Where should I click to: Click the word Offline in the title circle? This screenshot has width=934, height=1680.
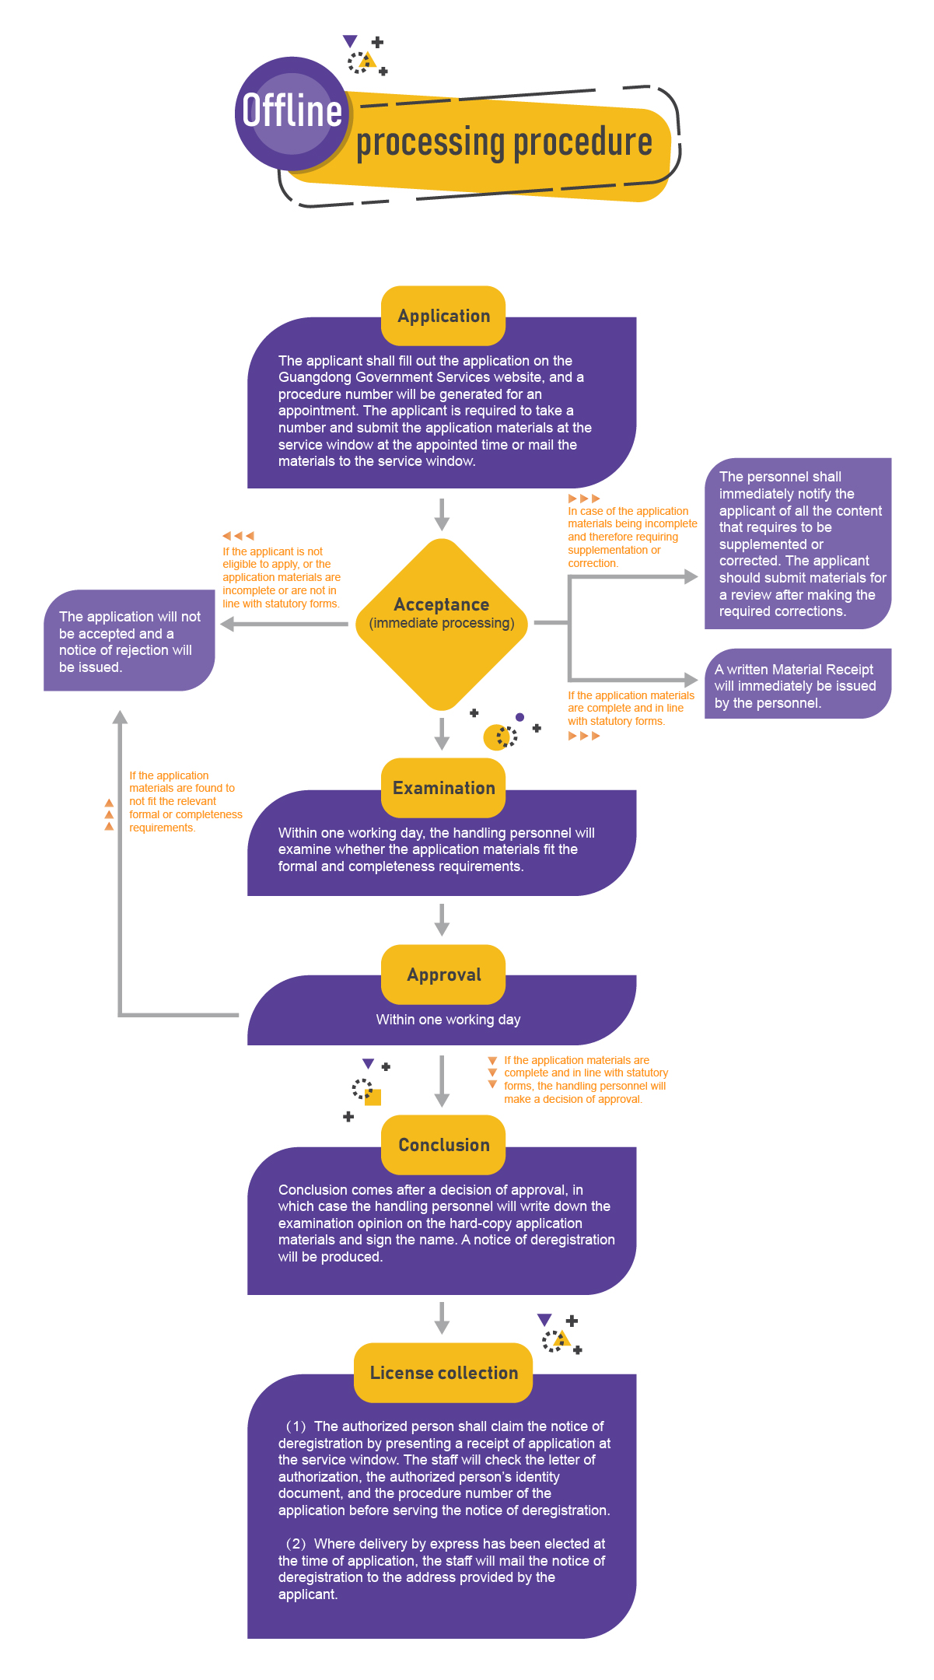click(x=292, y=110)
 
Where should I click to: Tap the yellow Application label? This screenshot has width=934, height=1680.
click(x=443, y=316)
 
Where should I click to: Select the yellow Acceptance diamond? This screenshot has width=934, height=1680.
click(x=442, y=623)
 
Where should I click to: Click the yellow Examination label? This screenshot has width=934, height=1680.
click(x=443, y=788)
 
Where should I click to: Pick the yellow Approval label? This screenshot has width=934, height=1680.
click(x=443, y=975)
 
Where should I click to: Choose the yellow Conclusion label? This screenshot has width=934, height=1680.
click(x=443, y=1145)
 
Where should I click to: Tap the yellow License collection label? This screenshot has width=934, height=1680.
click(x=443, y=1373)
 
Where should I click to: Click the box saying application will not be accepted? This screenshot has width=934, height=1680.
click(x=129, y=641)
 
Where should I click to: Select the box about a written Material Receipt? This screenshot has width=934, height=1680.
click(x=797, y=685)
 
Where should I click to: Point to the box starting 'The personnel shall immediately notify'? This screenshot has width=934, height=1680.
click(x=798, y=544)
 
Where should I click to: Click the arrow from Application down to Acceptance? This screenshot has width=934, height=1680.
click(x=442, y=514)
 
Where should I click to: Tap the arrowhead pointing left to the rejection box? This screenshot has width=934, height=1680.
click(x=227, y=624)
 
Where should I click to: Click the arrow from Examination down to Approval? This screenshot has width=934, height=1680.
click(x=442, y=919)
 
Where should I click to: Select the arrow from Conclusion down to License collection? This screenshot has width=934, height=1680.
click(x=442, y=1318)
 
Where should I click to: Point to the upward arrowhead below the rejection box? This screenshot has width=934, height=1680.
click(x=120, y=717)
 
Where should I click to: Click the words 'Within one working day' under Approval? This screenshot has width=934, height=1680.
click(x=448, y=1020)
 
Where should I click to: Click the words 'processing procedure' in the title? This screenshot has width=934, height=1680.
click(x=504, y=142)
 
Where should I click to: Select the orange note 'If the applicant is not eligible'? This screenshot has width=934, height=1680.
click(x=281, y=577)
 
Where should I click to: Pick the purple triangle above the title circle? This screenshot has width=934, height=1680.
click(x=350, y=40)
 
